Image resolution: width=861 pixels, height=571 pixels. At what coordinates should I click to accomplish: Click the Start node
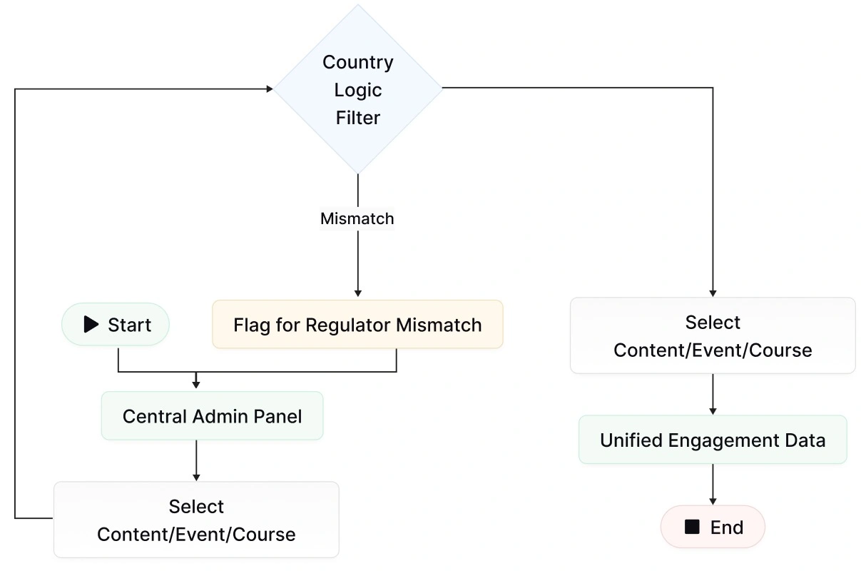click(x=116, y=325)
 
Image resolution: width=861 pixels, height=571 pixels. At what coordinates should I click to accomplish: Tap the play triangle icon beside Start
click(x=91, y=325)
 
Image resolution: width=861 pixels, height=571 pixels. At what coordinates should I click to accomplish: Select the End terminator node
click(x=713, y=527)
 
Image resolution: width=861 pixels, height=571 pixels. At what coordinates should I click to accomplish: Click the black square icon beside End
click(x=691, y=527)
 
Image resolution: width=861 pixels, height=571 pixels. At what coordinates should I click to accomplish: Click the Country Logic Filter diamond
click(x=358, y=89)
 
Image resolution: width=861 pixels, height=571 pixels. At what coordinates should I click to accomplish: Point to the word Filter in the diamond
click(x=358, y=118)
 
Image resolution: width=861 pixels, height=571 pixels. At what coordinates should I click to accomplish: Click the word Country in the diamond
click(x=358, y=62)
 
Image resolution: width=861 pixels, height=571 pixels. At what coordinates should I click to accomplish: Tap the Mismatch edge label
click(x=357, y=218)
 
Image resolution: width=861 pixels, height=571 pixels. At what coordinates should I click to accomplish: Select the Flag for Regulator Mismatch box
click(x=357, y=325)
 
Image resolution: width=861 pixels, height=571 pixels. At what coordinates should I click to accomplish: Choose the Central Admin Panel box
click(x=212, y=416)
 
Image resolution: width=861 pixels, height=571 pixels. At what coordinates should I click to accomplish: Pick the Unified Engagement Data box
click(x=713, y=440)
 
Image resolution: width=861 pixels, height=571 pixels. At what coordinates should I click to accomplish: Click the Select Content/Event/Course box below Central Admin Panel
click(x=196, y=520)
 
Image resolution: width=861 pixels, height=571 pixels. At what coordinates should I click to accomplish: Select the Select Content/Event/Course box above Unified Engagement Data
click(x=713, y=335)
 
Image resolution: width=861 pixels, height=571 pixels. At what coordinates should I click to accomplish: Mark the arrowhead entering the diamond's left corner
click(x=270, y=89)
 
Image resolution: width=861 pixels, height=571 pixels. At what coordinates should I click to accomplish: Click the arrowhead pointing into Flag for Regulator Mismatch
click(x=358, y=293)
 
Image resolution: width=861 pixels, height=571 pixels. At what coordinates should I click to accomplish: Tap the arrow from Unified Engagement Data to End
click(x=713, y=484)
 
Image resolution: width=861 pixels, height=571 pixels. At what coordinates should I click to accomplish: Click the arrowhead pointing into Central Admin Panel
click(x=196, y=385)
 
